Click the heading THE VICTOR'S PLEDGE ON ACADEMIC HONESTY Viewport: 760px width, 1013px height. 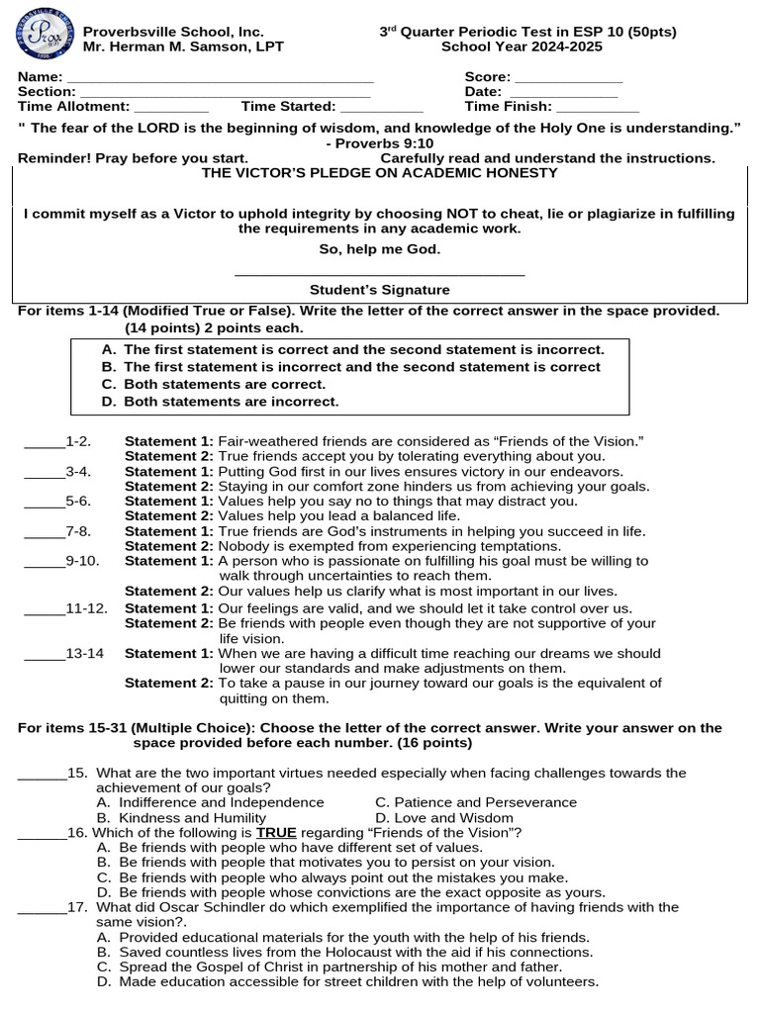click(380, 172)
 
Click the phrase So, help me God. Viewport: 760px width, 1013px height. click(380, 248)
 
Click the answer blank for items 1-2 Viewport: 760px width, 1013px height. click(45, 443)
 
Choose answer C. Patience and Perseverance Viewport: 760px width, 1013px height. click(476, 802)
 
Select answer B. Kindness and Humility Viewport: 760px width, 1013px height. click(181, 818)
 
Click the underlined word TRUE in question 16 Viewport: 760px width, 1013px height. click(276, 833)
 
